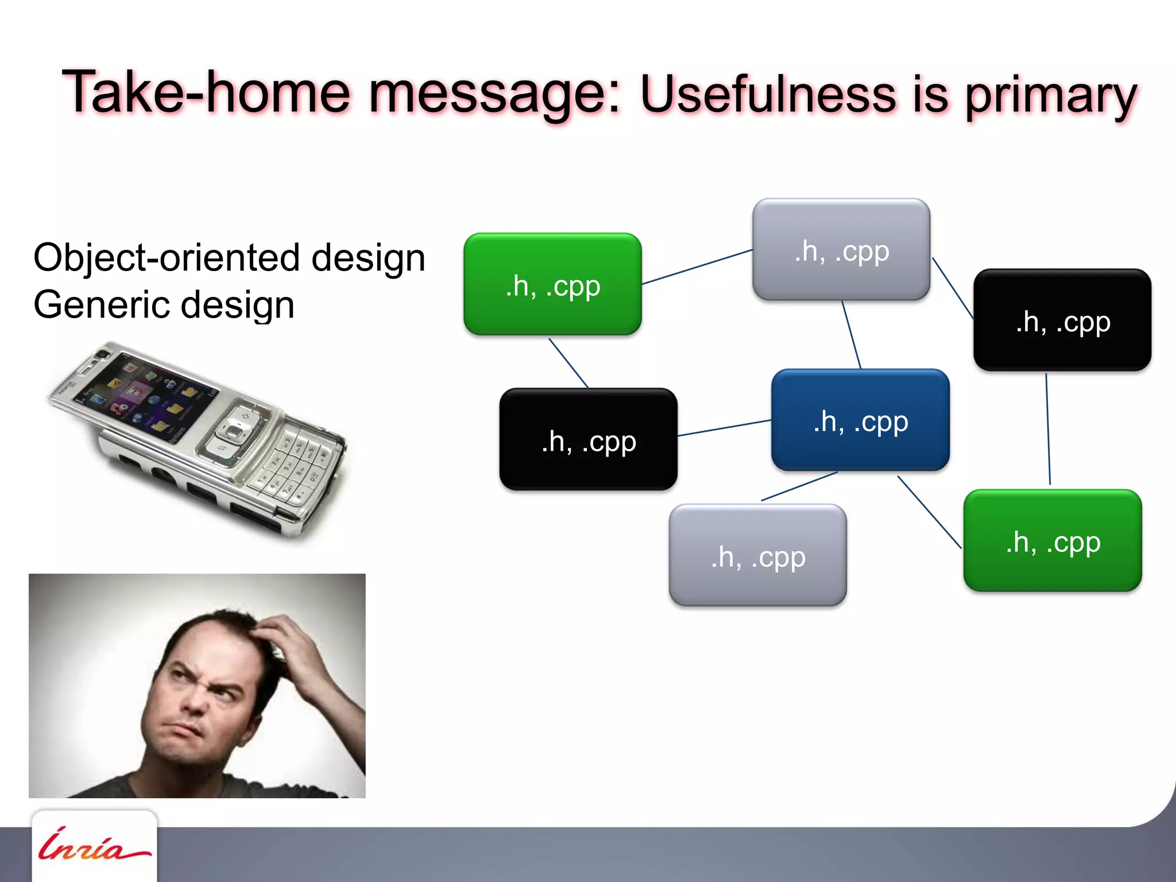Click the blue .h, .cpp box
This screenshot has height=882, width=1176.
click(860, 420)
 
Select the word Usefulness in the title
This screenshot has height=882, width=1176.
click(767, 95)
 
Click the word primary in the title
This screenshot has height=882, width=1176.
click(1050, 96)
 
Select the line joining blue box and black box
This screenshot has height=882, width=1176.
click(725, 428)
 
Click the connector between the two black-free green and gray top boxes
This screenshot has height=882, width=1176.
click(697, 266)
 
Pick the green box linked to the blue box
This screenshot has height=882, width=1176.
click(1052, 541)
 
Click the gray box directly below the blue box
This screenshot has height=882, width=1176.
click(757, 555)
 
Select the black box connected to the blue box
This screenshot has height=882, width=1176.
click(588, 440)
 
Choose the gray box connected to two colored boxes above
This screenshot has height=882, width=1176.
click(841, 250)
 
